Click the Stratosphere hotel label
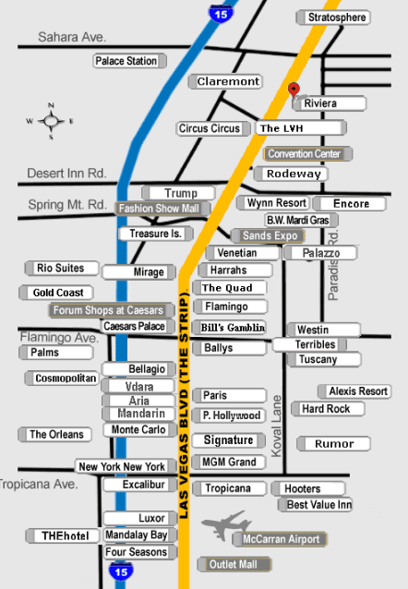[333, 18]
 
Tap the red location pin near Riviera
[294, 90]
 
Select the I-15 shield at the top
[221, 14]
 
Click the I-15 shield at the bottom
[121, 571]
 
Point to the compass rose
[51, 121]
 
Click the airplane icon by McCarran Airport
[225, 524]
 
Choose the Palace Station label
[129, 61]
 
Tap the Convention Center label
[307, 154]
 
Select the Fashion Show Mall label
[162, 209]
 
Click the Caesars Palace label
[138, 327]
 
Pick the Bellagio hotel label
[138, 369]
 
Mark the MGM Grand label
[229, 462]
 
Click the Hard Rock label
[328, 409]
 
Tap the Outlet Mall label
[234, 564]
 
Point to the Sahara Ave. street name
[72, 37]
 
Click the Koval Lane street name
[277, 426]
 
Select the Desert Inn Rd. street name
[66, 174]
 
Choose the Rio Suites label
[62, 269]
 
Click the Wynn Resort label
[273, 203]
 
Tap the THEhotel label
[63, 535]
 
